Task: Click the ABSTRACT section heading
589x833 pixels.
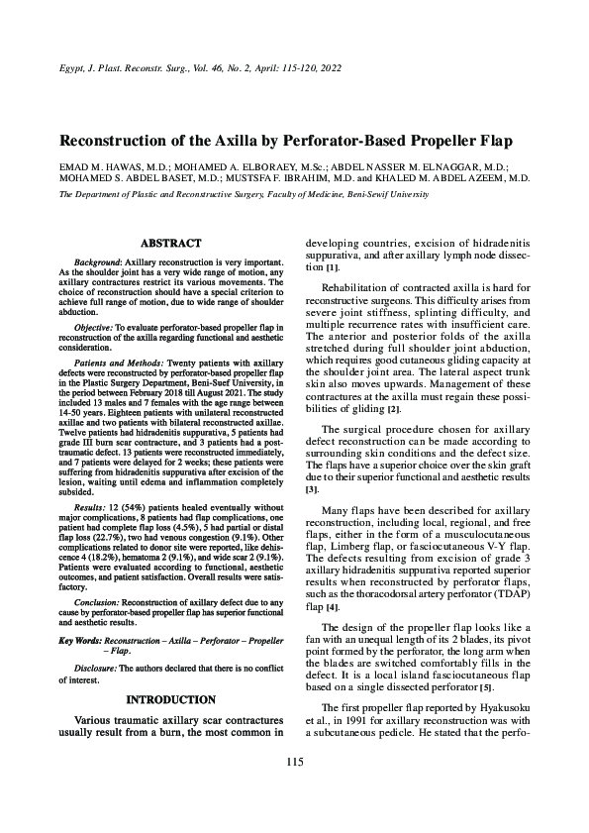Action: pyautogui.click(x=172, y=243)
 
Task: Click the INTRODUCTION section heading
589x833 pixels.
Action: pyautogui.click(x=172, y=699)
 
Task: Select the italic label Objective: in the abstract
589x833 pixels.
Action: pyautogui.click(x=99, y=327)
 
